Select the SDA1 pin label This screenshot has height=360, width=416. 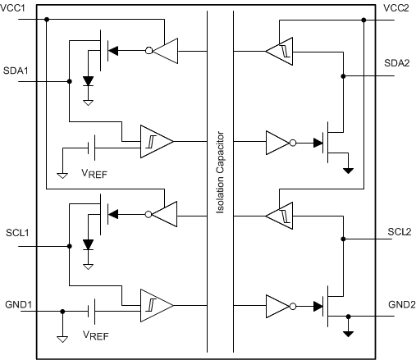pos(16,71)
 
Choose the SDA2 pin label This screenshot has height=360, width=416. pos(399,62)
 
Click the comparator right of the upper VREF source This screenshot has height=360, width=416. pos(156,141)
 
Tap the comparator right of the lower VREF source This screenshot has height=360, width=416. pos(156,304)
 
